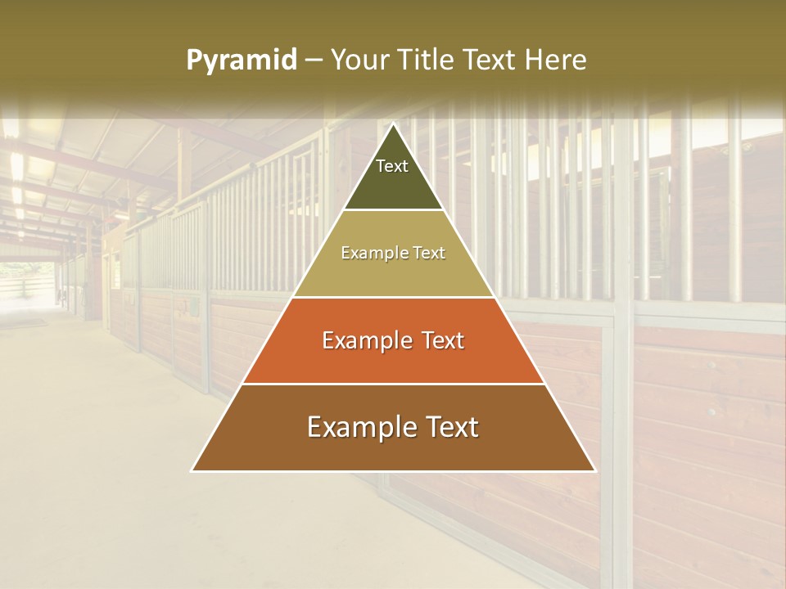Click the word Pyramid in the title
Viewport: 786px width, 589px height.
pyautogui.click(x=241, y=61)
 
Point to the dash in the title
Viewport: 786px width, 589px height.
pyautogui.click(x=314, y=61)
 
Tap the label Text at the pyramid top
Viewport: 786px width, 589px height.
pyautogui.click(x=392, y=166)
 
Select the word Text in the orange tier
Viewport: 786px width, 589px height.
pyautogui.click(x=438, y=340)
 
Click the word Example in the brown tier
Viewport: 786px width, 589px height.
pyautogui.click(x=359, y=427)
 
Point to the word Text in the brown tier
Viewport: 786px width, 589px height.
pyautogui.click(x=449, y=427)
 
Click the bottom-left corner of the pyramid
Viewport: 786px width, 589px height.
pyautogui.click(x=192, y=470)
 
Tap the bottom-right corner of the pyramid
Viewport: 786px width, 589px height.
pyautogui.click(x=594, y=470)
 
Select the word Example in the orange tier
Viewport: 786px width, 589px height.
pyautogui.click(x=364, y=340)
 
